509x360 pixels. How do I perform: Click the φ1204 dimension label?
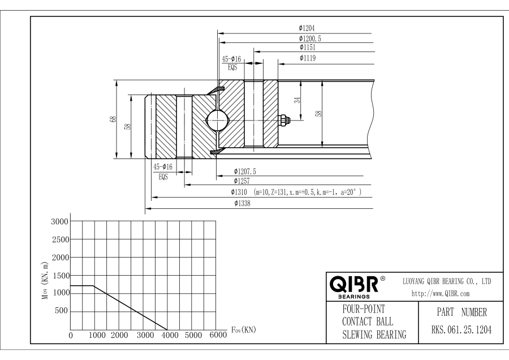(x=307, y=28)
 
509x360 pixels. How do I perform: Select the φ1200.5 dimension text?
(x=310, y=38)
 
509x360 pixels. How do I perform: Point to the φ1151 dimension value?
(x=308, y=48)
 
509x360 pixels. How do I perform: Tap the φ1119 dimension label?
(x=308, y=58)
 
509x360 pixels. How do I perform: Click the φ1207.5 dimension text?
(x=245, y=172)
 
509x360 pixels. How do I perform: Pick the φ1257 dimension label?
(x=242, y=181)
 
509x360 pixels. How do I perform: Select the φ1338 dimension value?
(x=242, y=203)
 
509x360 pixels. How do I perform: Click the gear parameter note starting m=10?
(x=308, y=192)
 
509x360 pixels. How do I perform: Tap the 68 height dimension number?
(x=113, y=119)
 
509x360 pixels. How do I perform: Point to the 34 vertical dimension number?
(x=297, y=100)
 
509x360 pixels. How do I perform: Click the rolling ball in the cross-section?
(x=217, y=120)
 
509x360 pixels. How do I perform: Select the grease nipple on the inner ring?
(x=284, y=120)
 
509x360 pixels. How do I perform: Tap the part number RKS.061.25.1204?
(x=461, y=330)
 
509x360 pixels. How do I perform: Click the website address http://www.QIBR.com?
(x=441, y=294)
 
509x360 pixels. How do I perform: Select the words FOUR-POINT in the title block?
(x=364, y=309)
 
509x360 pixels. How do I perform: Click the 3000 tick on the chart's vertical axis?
(x=60, y=221)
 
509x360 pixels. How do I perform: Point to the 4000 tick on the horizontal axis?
(x=170, y=335)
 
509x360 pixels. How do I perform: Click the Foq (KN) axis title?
(x=243, y=330)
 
